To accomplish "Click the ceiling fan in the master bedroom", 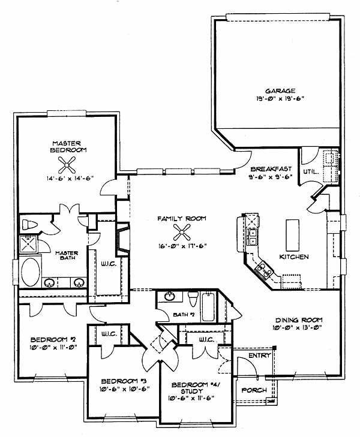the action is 67,165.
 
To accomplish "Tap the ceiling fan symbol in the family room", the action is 182,232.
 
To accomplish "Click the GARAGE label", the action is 280,91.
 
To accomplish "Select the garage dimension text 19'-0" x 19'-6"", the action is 280,98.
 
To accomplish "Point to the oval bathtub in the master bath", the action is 31,272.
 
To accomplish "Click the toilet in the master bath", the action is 29,225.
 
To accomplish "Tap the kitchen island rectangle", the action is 293,235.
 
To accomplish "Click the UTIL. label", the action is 311,172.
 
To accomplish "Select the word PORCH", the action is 254,390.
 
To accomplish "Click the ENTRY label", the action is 260,355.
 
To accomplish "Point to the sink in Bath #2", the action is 170,296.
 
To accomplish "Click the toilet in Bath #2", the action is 193,299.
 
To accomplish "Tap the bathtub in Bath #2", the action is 208,306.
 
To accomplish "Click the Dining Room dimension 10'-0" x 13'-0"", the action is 297,328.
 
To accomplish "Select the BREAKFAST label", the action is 271,169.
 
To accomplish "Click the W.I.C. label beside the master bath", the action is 109,264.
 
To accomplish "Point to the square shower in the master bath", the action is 28,245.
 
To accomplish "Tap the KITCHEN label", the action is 294,257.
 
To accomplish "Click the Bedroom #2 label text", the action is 53,340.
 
